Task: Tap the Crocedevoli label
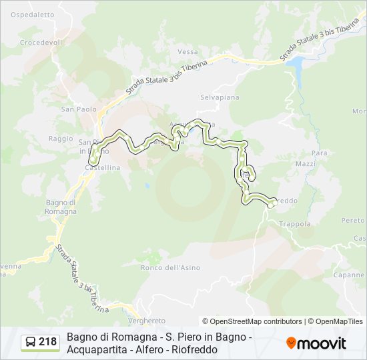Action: (x=41, y=41)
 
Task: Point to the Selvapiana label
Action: (x=220, y=97)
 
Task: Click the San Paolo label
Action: (x=79, y=109)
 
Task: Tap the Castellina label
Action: (x=102, y=168)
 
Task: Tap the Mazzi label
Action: (x=306, y=164)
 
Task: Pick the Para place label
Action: (x=320, y=153)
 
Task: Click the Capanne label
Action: (x=349, y=275)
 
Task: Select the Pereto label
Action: (x=353, y=220)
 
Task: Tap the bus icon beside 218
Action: (x=30, y=342)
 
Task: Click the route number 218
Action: (x=47, y=342)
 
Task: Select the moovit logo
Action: (x=316, y=343)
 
